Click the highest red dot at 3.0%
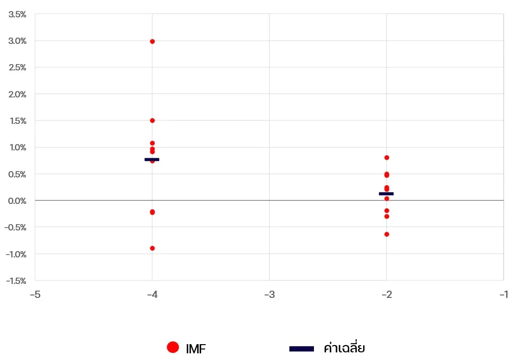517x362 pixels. pyautogui.click(x=152, y=41)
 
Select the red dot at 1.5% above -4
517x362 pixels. pyautogui.click(x=152, y=121)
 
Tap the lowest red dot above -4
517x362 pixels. pyautogui.click(x=152, y=248)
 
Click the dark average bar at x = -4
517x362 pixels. pyautogui.click(x=152, y=160)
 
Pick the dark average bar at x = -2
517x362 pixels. pyautogui.click(x=386, y=194)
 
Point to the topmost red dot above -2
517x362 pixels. pyautogui.click(x=387, y=158)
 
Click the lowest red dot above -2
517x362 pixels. pyautogui.click(x=387, y=234)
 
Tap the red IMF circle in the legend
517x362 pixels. pyautogui.click(x=173, y=347)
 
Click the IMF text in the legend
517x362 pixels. pyautogui.click(x=196, y=349)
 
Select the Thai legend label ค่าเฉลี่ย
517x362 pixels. pyautogui.click(x=344, y=348)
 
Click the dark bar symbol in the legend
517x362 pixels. pyautogui.click(x=301, y=349)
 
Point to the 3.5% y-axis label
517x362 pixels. pyautogui.click(x=17, y=14)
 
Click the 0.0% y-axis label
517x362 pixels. pyautogui.click(x=17, y=201)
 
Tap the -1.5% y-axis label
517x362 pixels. pyautogui.click(x=16, y=281)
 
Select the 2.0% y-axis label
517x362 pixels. pyautogui.click(x=17, y=94)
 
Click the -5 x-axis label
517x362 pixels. pyautogui.click(x=35, y=295)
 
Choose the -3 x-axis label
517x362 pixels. pyautogui.click(x=269, y=295)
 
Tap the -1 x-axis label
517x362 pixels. pyautogui.click(x=503, y=295)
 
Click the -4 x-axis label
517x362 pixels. pyautogui.click(x=152, y=295)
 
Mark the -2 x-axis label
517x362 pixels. pyautogui.click(x=386, y=295)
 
